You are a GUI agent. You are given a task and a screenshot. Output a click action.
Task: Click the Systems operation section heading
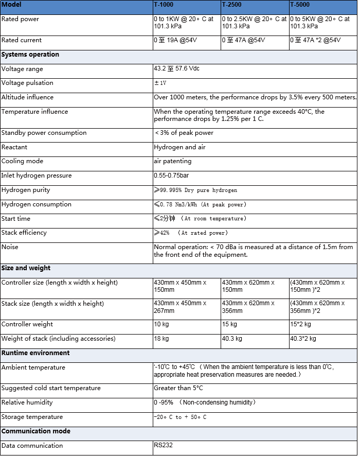click(x=30, y=55)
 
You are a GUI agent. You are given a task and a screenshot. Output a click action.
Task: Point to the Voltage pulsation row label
click(x=27, y=83)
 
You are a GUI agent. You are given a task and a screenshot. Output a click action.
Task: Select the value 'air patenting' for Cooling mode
click(x=172, y=161)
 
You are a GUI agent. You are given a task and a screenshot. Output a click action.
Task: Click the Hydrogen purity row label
click(x=26, y=190)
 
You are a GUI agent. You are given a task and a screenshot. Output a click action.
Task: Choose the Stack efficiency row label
click(x=24, y=233)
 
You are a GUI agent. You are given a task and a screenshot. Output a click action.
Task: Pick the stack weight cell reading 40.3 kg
click(x=232, y=339)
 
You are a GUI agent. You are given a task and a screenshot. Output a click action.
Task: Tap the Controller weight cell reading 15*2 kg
click(x=303, y=324)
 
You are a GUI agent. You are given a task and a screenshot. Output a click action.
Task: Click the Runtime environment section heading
click(x=35, y=353)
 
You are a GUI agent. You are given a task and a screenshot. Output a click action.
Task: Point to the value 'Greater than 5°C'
click(x=178, y=388)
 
